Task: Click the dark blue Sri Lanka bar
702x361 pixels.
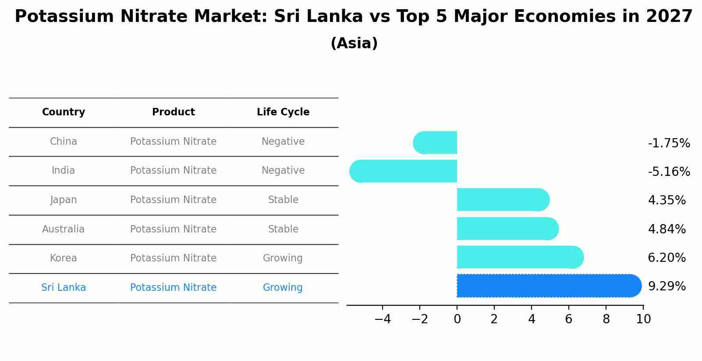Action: [548, 286]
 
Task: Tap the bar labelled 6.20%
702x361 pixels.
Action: [520, 257]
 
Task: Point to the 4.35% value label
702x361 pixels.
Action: [667, 200]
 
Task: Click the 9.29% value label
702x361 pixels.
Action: [667, 286]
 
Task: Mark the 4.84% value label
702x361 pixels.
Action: [667, 229]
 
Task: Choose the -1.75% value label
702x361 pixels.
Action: [669, 143]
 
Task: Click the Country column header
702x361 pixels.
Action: [64, 112]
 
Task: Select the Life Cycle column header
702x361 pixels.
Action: [283, 112]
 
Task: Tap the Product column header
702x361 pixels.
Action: [174, 112]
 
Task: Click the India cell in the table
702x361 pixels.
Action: [64, 171]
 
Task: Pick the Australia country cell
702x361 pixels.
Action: [64, 229]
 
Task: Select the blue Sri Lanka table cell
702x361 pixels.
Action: [64, 287]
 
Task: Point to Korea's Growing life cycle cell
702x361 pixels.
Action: [283, 258]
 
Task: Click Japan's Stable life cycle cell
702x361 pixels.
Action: [283, 200]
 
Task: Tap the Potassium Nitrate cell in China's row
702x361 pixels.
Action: [174, 142]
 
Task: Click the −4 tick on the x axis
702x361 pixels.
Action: [383, 319]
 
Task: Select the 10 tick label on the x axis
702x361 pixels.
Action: [643, 319]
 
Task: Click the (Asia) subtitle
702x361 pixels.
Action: [354, 43]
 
